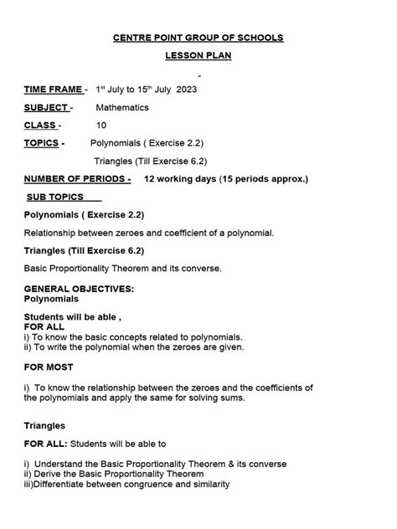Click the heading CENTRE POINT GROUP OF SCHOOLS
click(198, 38)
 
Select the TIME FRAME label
click(53, 90)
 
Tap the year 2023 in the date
click(187, 90)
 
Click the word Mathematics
click(122, 108)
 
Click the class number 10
click(101, 126)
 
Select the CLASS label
click(40, 126)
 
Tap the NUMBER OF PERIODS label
click(76, 179)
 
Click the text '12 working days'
click(179, 179)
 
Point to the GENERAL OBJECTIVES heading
click(79, 288)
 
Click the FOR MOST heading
click(49, 367)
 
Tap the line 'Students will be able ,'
click(72, 317)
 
